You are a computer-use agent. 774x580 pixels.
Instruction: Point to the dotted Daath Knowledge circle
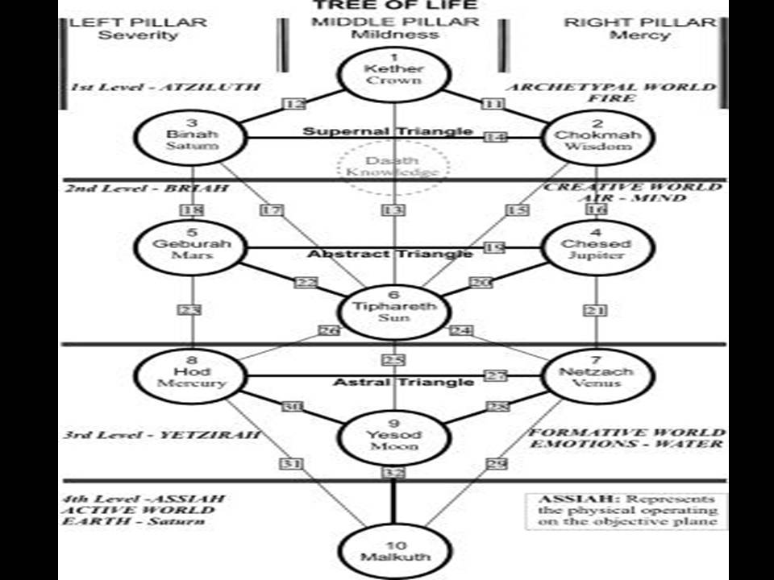(393, 166)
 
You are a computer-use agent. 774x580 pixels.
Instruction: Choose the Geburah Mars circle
(193, 247)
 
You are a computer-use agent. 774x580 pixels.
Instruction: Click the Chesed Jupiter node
(596, 247)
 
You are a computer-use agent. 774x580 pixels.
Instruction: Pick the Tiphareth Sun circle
(393, 310)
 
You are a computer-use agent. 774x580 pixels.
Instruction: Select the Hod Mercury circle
(193, 375)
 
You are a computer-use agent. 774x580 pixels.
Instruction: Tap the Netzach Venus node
(596, 375)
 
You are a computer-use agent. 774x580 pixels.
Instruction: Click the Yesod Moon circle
(393, 437)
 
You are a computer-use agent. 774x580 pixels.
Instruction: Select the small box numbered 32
(393, 473)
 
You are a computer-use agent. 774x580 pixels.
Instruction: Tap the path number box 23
(193, 309)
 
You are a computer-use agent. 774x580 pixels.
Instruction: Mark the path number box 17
(272, 210)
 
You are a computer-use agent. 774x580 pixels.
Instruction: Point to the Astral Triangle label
(403, 382)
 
